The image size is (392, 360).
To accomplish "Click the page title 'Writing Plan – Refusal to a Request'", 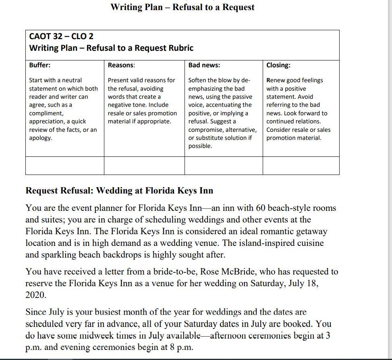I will click(x=182, y=7).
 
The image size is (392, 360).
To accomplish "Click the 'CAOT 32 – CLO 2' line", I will click(x=61, y=36).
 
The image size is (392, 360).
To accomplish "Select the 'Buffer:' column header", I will click(x=40, y=65).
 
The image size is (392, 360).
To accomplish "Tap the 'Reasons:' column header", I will click(x=122, y=65).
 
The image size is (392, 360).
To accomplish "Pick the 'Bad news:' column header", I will click(x=204, y=65).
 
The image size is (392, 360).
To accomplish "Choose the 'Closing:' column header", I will click(x=278, y=65).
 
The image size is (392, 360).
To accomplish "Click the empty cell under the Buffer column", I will click(x=64, y=165).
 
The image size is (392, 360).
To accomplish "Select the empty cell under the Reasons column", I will click(x=144, y=165).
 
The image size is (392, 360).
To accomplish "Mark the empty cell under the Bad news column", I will click(x=224, y=165).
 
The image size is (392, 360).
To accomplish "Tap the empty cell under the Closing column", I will click(x=301, y=165).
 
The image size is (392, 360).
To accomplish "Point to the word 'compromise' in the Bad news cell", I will click(x=205, y=130).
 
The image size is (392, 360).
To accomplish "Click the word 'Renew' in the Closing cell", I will click(x=275, y=80).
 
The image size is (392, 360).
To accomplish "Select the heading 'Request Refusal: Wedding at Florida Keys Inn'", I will click(x=119, y=190).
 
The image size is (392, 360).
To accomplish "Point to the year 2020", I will click(x=36, y=295).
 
